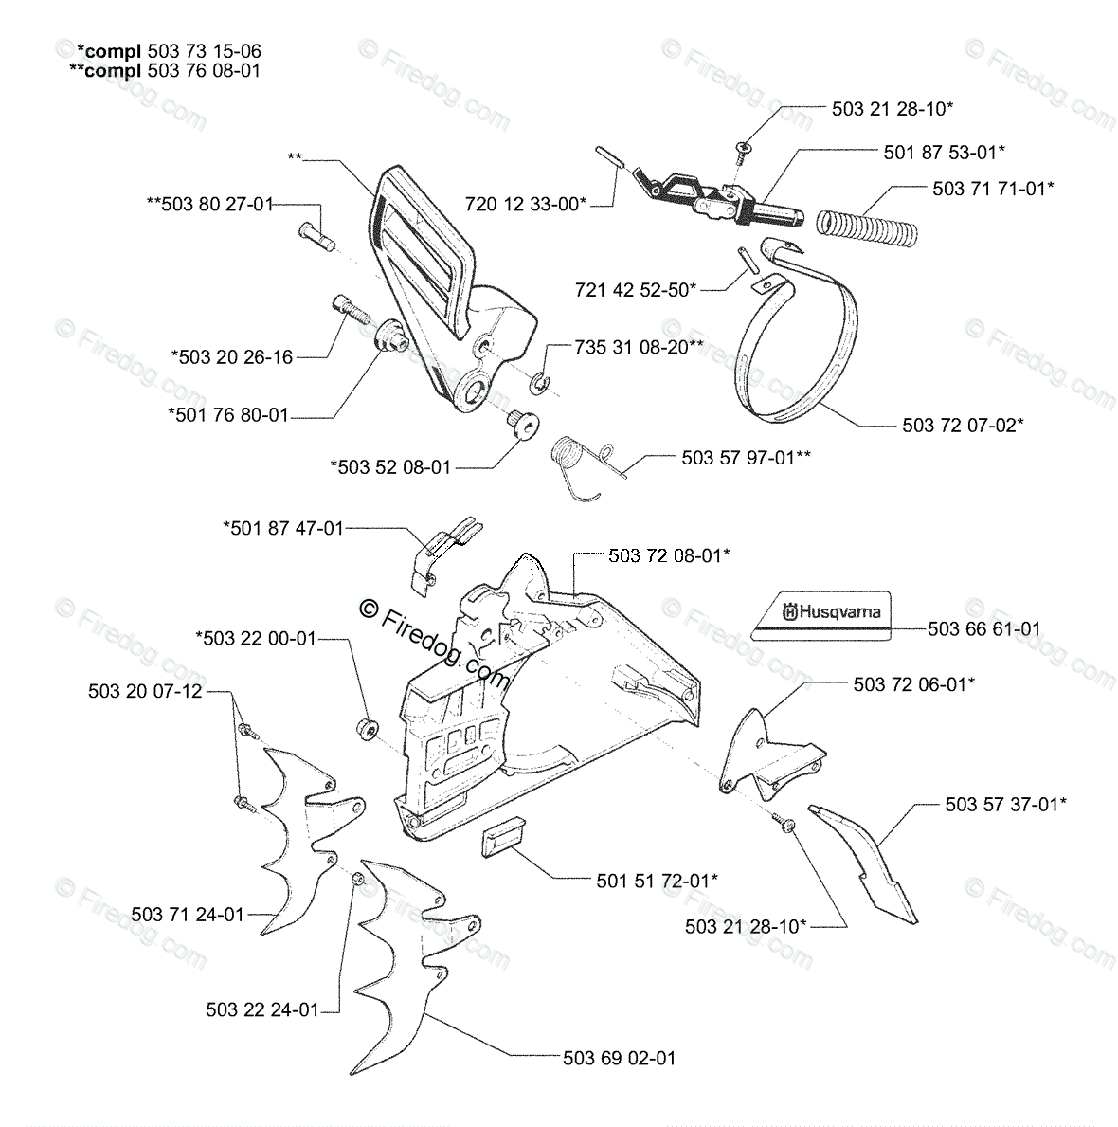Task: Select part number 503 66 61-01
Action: click(x=983, y=628)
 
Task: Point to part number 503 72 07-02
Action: click(x=963, y=426)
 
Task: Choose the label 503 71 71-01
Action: click(x=993, y=189)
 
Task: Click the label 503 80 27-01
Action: click(x=210, y=203)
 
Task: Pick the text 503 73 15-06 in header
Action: click(x=204, y=51)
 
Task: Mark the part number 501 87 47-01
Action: click(x=283, y=528)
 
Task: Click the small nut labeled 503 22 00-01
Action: click(x=367, y=728)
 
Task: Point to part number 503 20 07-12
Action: click(x=145, y=691)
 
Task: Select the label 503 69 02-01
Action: click(x=619, y=1058)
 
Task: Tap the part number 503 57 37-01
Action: click(x=1005, y=804)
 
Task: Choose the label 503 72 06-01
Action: click(x=913, y=683)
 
